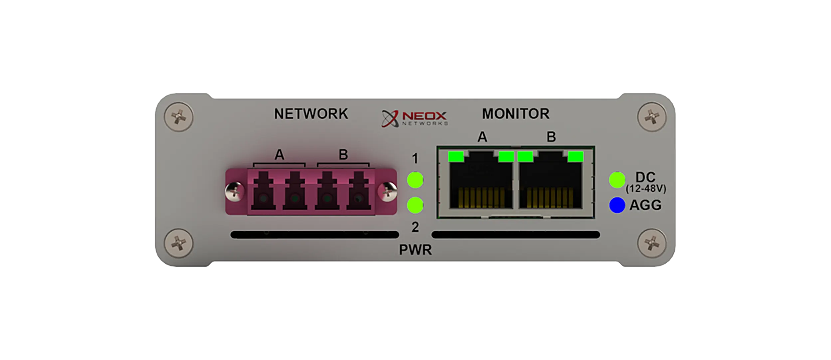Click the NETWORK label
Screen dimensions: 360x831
point(311,114)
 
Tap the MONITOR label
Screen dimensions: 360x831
point(516,114)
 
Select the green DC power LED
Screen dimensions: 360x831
point(617,180)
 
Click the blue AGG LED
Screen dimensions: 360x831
point(617,205)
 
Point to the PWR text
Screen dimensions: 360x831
point(415,250)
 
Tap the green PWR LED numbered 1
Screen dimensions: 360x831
point(415,180)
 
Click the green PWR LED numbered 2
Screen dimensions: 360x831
point(415,205)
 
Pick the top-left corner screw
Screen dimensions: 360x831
point(179,117)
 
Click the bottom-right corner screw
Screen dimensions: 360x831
point(652,244)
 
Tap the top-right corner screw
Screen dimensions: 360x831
point(652,117)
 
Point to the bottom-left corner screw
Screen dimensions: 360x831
point(179,244)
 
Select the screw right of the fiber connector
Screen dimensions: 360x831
point(388,192)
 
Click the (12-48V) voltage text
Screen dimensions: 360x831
point(645,189)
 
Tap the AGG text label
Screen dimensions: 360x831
point(645,205)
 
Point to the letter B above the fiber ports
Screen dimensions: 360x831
point(343,155)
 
